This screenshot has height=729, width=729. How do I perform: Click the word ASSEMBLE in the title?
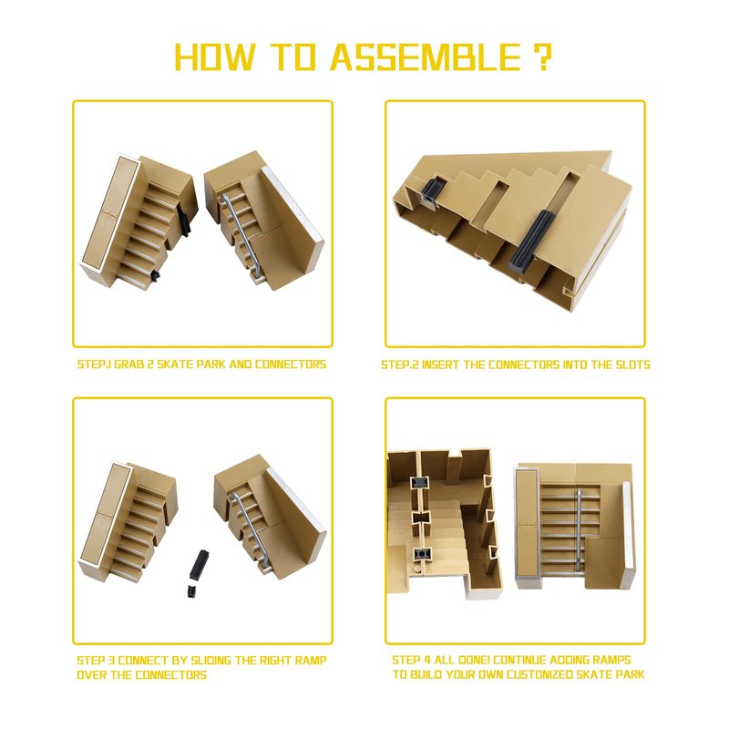(426, 57)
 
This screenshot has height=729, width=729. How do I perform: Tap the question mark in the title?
(540, 57)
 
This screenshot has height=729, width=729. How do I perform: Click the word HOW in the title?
(215, 57)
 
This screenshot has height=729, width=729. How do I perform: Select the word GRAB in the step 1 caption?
(129, 364)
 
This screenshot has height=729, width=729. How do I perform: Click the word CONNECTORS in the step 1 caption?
(291, 364)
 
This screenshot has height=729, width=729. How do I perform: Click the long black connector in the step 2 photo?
(532, 241)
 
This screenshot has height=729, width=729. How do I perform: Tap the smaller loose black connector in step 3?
(191, 591)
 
